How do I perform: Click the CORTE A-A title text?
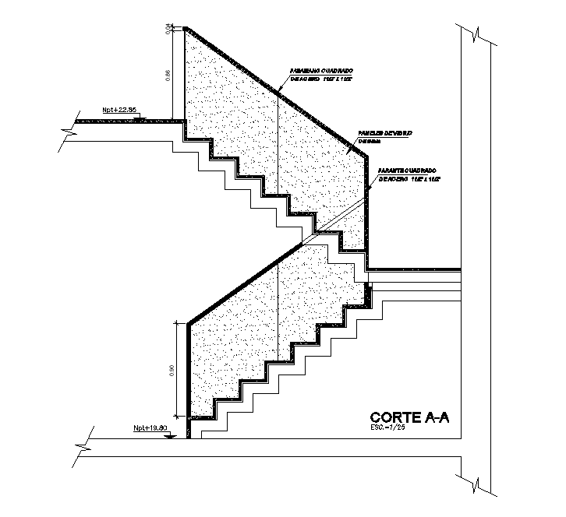[409, 418]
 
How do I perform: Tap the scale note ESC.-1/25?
[389, 427]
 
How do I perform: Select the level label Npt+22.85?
[119, 110]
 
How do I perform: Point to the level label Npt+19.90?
[150, 427]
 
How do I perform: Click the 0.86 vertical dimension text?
[168, 76]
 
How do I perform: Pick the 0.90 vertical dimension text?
[172, 369]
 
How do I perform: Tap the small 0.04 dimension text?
[168, 29]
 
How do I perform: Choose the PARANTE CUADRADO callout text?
[407, 170]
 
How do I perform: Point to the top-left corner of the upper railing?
[185, 29]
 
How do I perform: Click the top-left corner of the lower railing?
[189, 321]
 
